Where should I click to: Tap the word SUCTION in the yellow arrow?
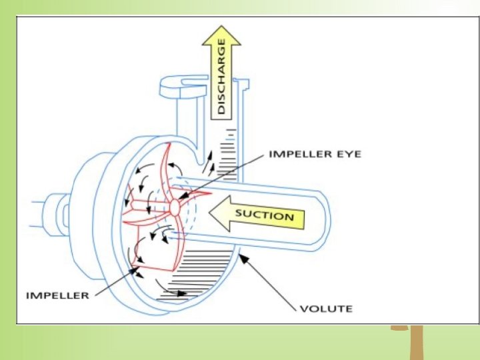(265, 215)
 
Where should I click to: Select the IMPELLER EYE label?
(314, 154)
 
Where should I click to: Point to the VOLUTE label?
(326, 309)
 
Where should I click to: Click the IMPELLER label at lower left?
(57, 295)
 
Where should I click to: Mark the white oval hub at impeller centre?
(175, 207)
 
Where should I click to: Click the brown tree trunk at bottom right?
(417, 343)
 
